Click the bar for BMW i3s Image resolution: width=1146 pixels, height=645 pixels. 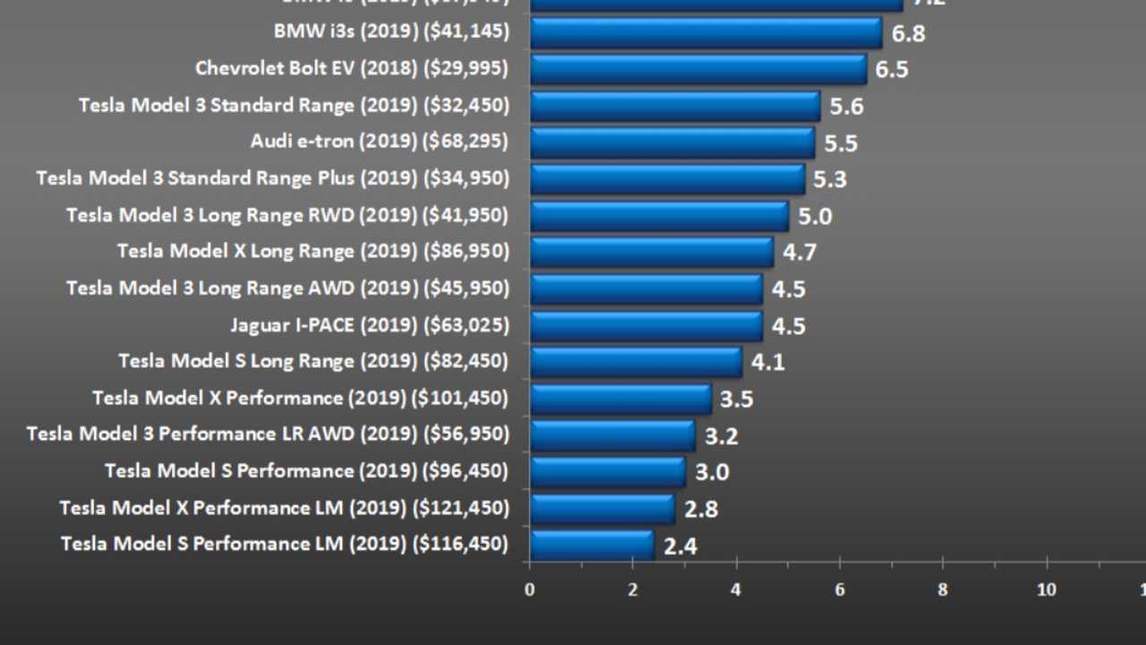(706, 33)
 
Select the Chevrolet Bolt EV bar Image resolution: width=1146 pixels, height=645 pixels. (698, 69)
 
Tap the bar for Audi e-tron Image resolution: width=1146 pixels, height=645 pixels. (671, 142)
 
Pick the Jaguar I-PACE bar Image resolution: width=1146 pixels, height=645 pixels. (646, 325)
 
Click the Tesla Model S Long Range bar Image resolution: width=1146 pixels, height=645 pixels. (636, 362)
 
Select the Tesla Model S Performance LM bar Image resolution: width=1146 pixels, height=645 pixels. (592, 545)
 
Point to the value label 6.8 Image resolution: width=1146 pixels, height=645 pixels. (908, 34)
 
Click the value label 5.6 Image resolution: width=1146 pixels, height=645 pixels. (846, 107)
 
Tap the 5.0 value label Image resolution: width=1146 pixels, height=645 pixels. (815, 216)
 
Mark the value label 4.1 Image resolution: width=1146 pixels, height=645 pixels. (767, 363)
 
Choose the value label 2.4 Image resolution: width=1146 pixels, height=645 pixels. (680, 546)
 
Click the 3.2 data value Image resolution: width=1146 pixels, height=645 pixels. (721, 436)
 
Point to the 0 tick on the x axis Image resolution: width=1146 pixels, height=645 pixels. (530, 589)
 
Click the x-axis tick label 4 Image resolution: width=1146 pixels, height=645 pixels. (736, 589)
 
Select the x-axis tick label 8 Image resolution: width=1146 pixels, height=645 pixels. (943, 589)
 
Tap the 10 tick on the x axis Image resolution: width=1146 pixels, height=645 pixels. (1046, 589)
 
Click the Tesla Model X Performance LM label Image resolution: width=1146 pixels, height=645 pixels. (202, 508)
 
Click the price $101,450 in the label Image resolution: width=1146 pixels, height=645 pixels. (459, 398)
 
